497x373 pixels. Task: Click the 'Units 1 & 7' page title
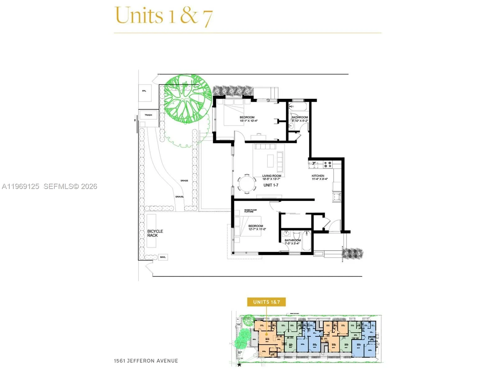(164, 16)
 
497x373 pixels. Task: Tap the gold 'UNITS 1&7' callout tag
(266, 302)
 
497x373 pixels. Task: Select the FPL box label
(144, 91)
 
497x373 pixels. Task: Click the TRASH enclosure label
(148, 115)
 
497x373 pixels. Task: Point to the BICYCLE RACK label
(155, 233)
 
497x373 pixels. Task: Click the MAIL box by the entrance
(163, 257)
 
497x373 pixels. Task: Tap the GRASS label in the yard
(184, 181)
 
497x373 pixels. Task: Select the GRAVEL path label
(180, 197)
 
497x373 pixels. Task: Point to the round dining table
(247, 184)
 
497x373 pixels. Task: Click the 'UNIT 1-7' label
(271, 185)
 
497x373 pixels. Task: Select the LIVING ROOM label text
(271, 176)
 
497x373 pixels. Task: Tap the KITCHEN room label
(318, 176)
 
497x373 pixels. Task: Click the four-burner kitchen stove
(328, 164)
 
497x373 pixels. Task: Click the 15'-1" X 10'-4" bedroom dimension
(248, 121)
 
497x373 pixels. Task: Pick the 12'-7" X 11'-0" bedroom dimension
(257, 229)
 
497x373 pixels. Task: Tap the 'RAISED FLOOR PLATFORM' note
(250, 211)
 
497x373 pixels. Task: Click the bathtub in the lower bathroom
(307, 241)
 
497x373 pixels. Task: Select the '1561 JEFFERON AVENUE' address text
(146, 361)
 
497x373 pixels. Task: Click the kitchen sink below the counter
(337, 197)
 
